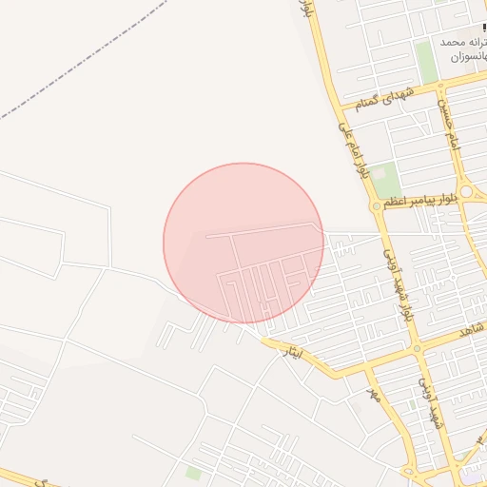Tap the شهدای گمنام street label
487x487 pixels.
384,95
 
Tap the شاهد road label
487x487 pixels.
471,330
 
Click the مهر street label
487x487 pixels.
374,394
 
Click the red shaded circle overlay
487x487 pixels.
243,243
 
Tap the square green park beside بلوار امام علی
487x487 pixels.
384,179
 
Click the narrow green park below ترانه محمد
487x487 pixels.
426,62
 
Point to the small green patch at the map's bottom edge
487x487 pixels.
194,473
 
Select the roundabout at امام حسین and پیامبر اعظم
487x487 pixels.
463,187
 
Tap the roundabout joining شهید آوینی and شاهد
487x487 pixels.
417,348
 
